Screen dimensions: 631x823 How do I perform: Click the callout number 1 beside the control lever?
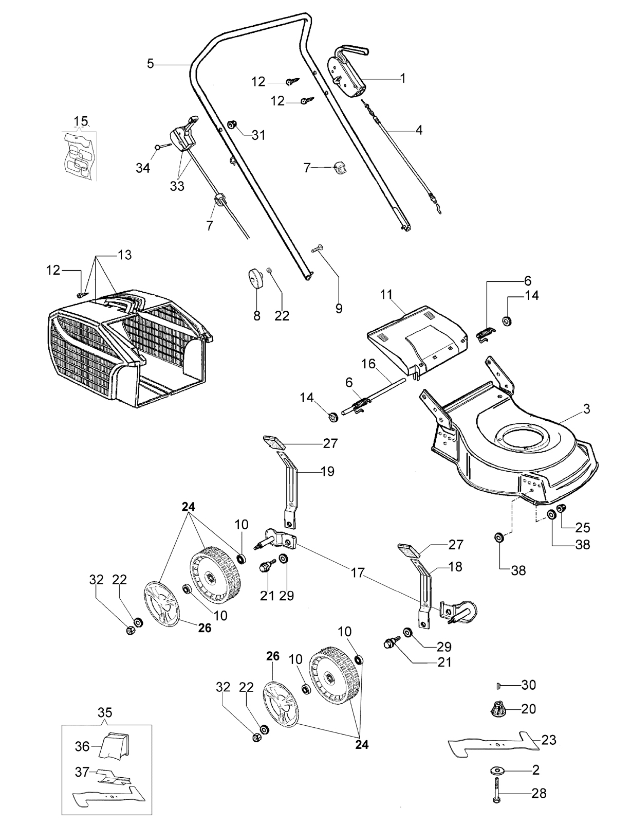click(402, 78)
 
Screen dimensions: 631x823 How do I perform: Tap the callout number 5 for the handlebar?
click(151, 64)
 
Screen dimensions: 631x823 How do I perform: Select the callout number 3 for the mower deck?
click(586, 409)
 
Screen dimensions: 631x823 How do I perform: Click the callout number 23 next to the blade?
click(549, 739)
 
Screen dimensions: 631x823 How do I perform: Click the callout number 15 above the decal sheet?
click(81, 121)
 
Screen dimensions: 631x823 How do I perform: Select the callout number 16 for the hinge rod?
click(368, 364)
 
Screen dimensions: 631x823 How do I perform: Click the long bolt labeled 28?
click(496, 796)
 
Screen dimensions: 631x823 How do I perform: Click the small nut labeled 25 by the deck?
click(563, 509)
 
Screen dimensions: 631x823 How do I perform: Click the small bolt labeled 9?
click(317, 249)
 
